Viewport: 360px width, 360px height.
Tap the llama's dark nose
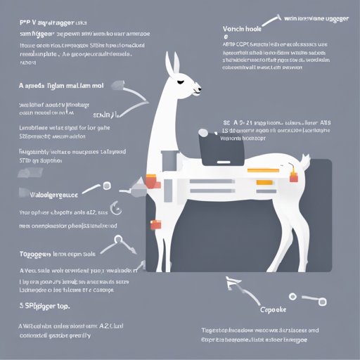tap(200, 89)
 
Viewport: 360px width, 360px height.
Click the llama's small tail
tap(304, 161)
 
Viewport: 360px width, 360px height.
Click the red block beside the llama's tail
tap(293, 168)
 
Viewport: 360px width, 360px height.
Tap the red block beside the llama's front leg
tap(156, 224)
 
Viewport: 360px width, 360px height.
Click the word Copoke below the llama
tap(274, 309)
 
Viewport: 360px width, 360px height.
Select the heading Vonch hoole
tap(242, 29)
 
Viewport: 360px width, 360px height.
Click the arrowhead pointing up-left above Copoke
tap(230, 283)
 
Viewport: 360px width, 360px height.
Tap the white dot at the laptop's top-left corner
tap(203, 132)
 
